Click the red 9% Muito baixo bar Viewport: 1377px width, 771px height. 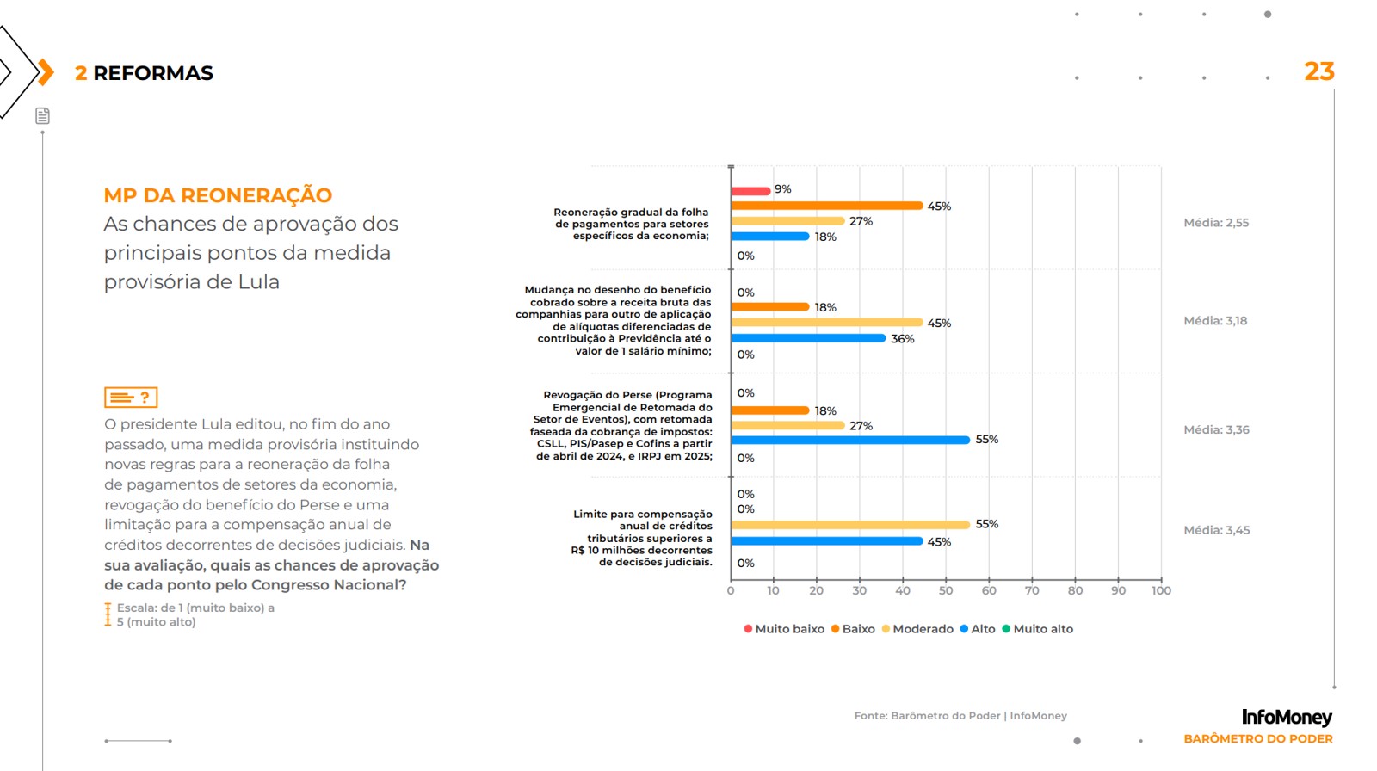pyautogui.click(x=750, y=191)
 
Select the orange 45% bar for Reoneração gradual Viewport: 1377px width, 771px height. pyautogui.click(x=826, y=206)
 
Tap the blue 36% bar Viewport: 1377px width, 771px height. pyautogui.click(x=808, y=338)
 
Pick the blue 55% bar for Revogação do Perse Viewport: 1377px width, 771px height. pyautogui.click(x=850, y=440)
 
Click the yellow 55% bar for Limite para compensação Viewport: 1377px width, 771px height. pyautogui.click(x=850, y=525)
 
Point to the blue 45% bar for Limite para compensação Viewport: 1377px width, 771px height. pyautogui.click(x=826, y=541)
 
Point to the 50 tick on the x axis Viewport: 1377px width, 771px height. pyautogui.click(x=946, y=590)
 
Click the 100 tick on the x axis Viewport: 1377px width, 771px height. pyautogui.click(x=1161, y=590)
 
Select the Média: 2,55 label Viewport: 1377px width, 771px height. pyautogui.click(x=1216, y=223)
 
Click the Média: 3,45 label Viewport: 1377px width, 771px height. pyautogui.click(x=1216, y=530)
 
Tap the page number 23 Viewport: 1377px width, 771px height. pyautogui.click(x=1318, y=71)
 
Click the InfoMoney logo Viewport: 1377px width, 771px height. pyautogui.click(x=1286, y=717)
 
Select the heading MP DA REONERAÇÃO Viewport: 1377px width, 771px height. pyautogui.click(x=218, y=195)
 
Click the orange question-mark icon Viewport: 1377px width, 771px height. pyautogui.click(x=131, y=398)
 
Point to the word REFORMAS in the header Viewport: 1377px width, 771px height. pyautogui.click(x=153, y=73)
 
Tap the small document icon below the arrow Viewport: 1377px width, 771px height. pyautogui.click(x=42, y=116)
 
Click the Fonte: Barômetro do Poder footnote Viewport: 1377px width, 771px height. pyautogui.click(x=960, y=716)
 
